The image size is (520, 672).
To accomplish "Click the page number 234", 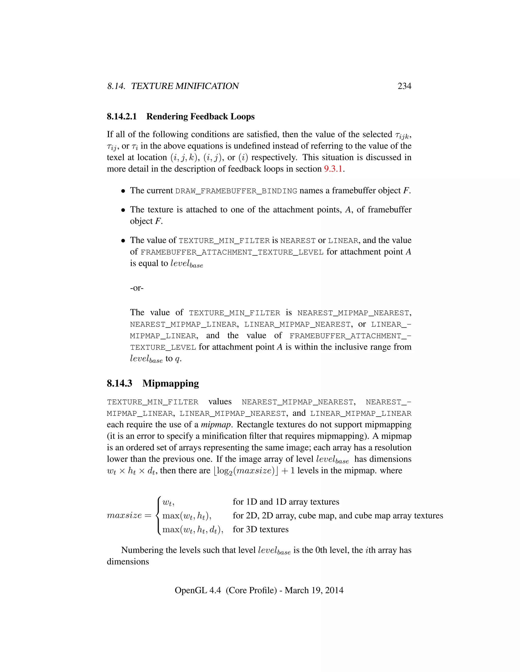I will point(404,86).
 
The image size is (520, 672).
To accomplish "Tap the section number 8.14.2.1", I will point(122,117).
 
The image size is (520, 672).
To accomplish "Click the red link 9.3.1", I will point(333,169).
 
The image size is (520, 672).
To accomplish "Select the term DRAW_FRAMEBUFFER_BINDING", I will point(236,191).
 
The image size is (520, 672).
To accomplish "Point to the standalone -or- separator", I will point(137,288).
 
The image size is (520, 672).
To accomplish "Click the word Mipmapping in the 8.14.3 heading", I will point(171,383).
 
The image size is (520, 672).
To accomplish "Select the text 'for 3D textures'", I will point(261,529).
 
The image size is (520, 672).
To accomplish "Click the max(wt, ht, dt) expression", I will point(192,529).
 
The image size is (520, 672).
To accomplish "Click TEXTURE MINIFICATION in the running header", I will point(185,86).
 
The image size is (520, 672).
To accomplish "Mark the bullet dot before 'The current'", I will point(123,191).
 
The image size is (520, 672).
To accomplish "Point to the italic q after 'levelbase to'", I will point(177,359).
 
